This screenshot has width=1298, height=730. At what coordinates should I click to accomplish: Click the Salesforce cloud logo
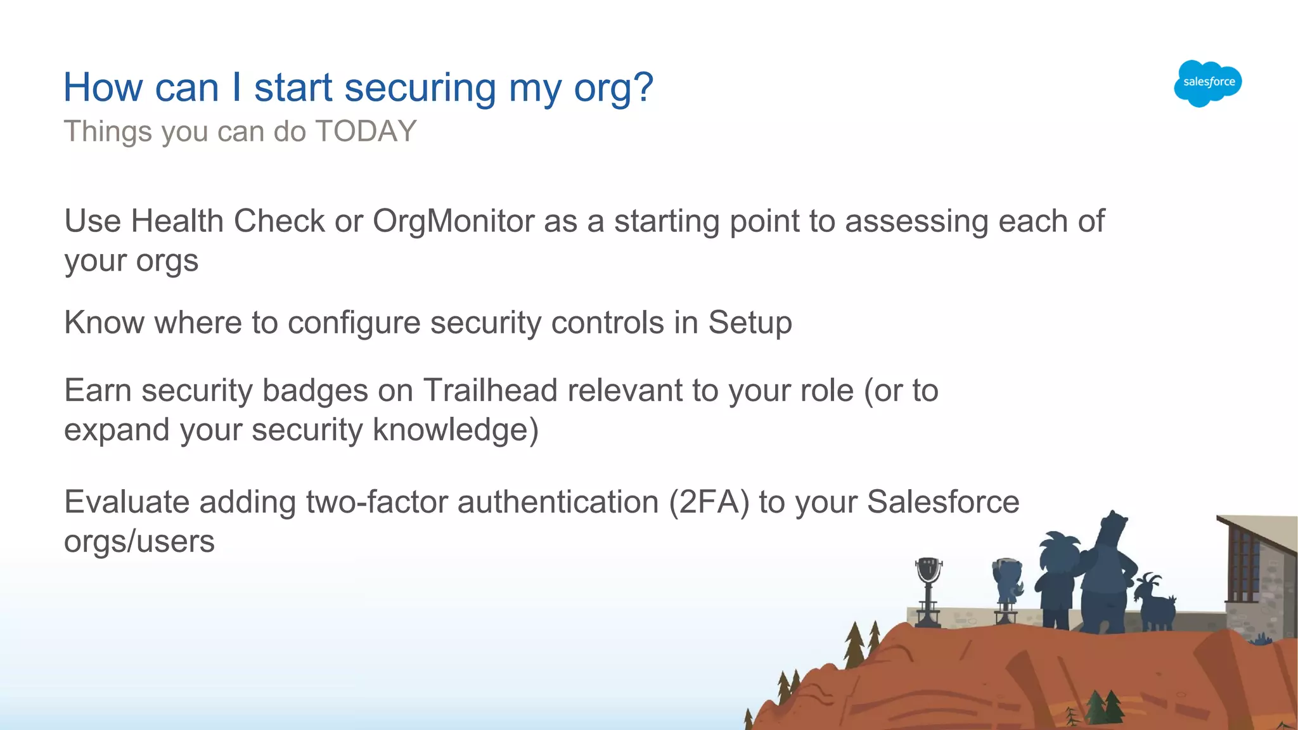pos(1208,83)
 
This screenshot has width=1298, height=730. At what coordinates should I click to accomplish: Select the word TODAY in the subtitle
pos(366,132)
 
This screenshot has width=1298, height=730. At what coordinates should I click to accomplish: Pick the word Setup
pos(750,323)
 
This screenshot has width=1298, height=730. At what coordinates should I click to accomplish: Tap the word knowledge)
pos(456,430)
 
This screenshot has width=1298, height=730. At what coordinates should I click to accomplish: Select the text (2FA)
pos(709,503)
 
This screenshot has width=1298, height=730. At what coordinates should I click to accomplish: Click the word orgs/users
pos(139,542)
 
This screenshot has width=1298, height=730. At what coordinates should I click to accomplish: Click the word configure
pos(354,323)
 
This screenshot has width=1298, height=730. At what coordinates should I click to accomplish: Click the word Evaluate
pos(127,503)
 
